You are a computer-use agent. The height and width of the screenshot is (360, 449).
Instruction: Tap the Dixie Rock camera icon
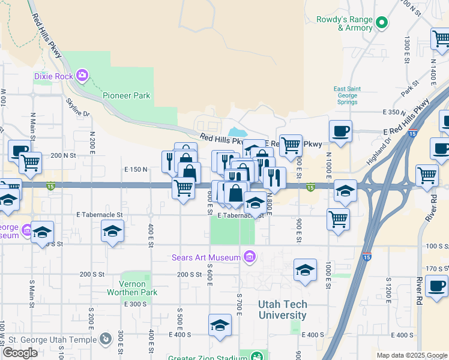tap(82, 76)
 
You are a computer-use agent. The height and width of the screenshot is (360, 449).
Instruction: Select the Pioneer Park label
tap(126, 95)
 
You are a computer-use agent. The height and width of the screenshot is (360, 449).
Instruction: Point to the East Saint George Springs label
tap(346, 95)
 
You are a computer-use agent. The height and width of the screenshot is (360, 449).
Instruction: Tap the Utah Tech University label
tap(282, 310)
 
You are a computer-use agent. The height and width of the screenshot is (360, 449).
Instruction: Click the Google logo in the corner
tap(20, 353)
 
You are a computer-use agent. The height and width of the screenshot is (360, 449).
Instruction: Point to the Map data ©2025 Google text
tap(412, 356)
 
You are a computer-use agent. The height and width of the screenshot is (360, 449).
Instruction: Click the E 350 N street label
tap(394, 112)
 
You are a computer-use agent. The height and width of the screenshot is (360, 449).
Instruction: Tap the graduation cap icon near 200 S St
tap(306, 271)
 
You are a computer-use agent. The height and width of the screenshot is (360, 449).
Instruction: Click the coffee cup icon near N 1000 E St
tap(340, 131)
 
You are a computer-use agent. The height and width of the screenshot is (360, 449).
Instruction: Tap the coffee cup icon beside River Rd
tap(436, 286)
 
